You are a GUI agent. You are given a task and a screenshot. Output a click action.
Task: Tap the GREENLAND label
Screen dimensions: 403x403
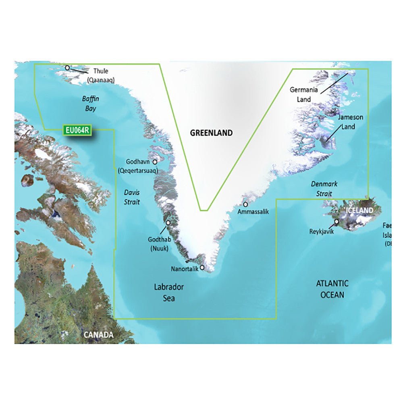(x=212, y=133)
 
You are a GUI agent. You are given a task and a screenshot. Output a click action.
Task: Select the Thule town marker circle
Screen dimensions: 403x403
(x=67, y=68)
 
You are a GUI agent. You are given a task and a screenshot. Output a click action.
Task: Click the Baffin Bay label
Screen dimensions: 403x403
(x=90, y=104)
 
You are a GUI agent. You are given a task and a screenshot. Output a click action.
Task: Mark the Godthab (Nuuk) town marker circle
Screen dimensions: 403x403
(x=168, y=222)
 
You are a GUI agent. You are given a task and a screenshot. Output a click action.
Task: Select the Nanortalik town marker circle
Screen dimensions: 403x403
(x=202, y=267)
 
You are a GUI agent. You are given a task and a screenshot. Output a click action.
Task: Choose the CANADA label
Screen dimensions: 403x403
(x=98, y=335)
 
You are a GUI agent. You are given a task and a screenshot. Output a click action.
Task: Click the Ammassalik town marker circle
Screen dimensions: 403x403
(x=245, y=204)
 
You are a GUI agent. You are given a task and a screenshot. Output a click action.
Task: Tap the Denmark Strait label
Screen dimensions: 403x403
(x=324, y=189)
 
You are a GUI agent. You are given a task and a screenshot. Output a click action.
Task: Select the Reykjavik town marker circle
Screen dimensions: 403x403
(x=337, y=221)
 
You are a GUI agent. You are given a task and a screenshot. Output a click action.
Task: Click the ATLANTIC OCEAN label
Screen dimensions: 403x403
(x=332, y=289)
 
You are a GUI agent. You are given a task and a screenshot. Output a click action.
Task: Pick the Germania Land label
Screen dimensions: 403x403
(x=304, y=94)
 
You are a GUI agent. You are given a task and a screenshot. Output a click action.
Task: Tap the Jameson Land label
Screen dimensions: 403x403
(x=350, y=122)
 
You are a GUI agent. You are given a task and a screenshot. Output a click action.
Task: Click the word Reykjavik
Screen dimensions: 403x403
(x=322, y=231)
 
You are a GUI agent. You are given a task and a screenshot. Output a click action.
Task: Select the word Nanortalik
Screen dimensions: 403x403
(x=185, y=269)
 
